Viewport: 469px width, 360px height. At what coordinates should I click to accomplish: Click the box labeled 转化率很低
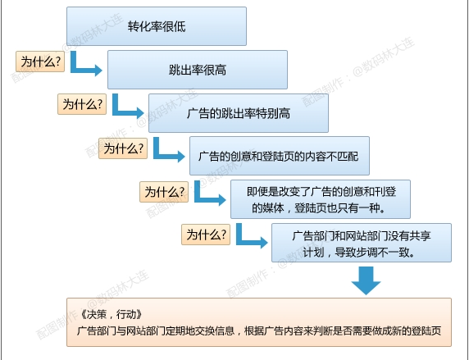click(x=157, y=26)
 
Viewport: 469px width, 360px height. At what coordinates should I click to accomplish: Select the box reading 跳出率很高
click(x=198, y=70)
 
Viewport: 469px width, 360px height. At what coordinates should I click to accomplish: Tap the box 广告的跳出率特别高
click(x=239, y=113)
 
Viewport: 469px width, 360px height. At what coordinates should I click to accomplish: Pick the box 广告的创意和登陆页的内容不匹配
click(x=280, y=156)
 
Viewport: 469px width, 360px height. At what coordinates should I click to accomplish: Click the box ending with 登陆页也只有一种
click(x=321, y=199)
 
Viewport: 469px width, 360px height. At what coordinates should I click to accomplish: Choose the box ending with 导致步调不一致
click(x=362, y=243)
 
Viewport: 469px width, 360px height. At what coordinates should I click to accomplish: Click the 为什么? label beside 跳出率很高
click(x=40, y=62)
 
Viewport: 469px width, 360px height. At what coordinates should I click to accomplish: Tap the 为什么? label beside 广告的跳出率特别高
click(x=82, y=104)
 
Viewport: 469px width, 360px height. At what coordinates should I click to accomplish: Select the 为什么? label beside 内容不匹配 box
click(x=123, y=148)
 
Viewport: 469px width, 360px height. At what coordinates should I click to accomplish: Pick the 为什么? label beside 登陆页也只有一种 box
click(x=164, y=192)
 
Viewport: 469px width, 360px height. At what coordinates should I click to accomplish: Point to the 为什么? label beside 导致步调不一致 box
click(x=206, y=235)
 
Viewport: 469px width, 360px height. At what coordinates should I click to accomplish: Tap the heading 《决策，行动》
click(x=111, y=314)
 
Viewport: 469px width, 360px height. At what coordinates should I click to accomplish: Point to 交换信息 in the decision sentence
click(x=213, y=331)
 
